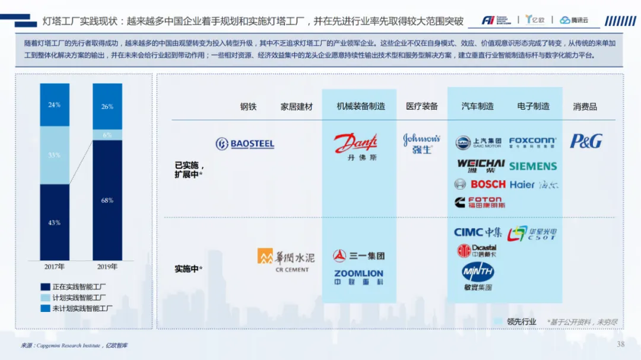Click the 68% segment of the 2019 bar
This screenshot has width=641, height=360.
tap(107, 200)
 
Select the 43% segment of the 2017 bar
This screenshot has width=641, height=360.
tap(55, 222)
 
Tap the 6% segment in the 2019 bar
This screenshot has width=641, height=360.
tap(107, 135)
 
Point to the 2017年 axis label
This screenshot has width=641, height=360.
tap(55, 266)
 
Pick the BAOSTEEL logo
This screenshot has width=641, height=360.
tap(245, 144)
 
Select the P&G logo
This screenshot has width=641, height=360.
tap(586, 141)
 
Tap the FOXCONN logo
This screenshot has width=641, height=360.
tap(532, 142)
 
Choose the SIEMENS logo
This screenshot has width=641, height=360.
tap(533, 166)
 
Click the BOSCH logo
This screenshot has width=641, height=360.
tap(480, 184)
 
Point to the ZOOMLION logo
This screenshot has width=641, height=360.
tap(358, 277)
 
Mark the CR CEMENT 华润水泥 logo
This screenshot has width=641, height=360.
tap(286, 260)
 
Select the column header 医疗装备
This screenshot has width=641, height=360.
tap(422, 107)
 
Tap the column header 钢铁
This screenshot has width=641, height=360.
tap(248, 107)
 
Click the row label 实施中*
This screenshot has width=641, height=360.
tap(189, 269)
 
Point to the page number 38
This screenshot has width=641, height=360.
tap(621, 345)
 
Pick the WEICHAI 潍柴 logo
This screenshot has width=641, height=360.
tap(481, 165)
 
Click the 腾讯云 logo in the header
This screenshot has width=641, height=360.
tap(573, 20)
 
